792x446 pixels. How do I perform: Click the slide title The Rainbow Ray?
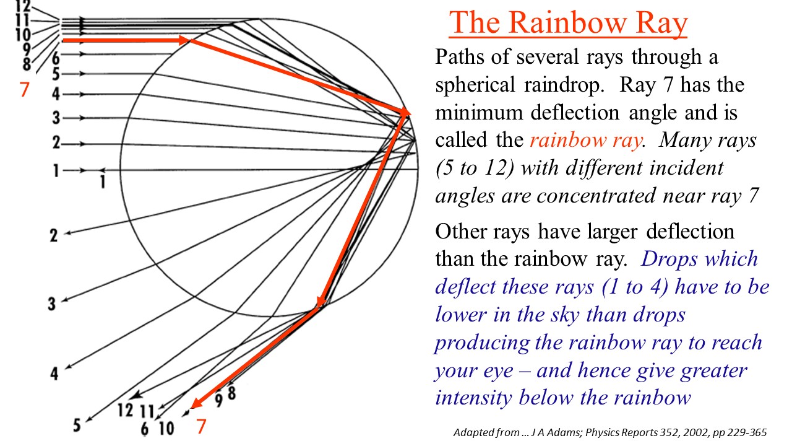coord(568,23)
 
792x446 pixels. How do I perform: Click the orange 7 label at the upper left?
coord(24,90)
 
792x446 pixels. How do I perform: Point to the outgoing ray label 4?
coord(54,374)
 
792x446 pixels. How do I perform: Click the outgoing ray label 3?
coord(53,304)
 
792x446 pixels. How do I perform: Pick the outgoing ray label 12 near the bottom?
coord(126,409)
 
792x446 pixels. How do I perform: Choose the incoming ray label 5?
coord(56,74)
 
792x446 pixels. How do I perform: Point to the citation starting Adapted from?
coord(610,432)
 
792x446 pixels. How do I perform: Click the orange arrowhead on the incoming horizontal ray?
coord(184,40)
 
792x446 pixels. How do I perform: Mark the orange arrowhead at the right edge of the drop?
coord(405,113)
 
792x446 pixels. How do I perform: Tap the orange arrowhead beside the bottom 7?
coord(196,404)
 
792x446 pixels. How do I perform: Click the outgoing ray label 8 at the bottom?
coord(231,393)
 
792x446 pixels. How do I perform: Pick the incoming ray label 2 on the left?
coord(56,144)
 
